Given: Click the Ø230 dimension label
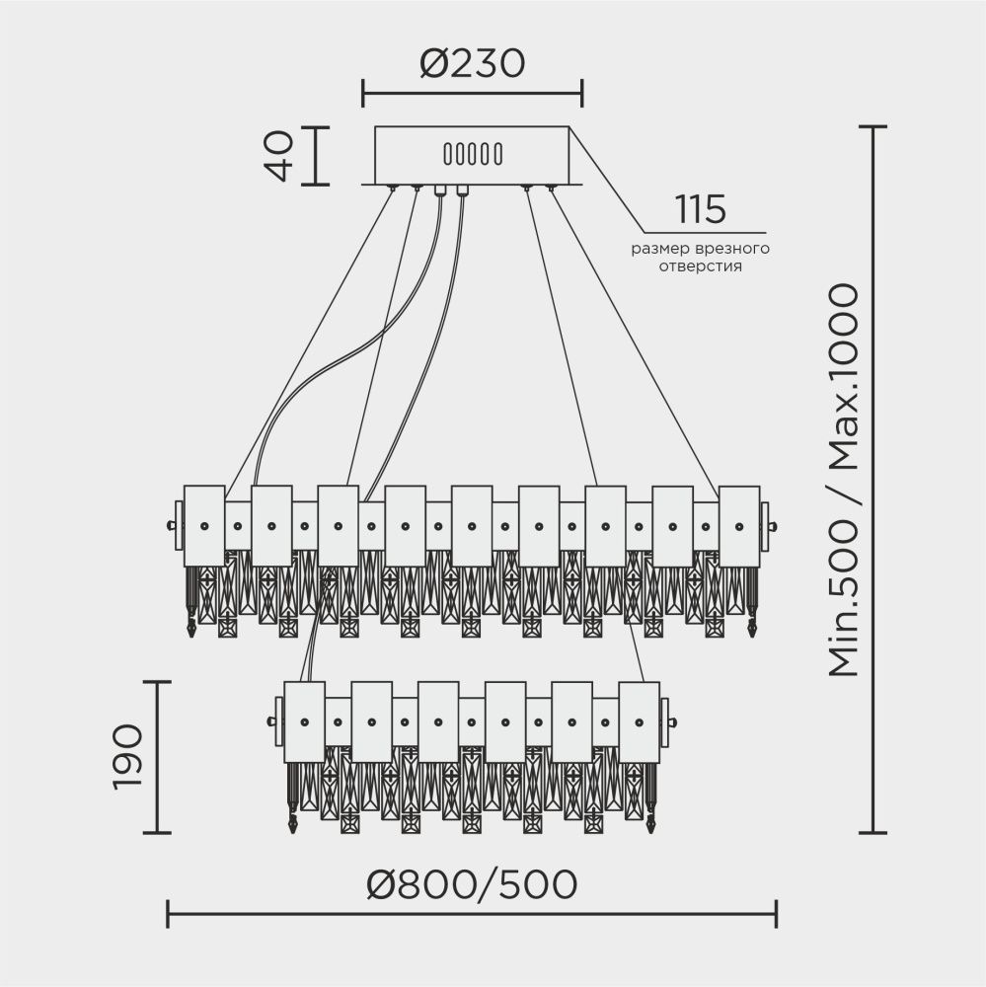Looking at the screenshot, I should pyautogui.click(x=471, y=64).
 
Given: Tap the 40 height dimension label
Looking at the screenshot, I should pyautogui.click(x=280, y=156).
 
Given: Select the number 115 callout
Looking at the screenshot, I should pyautogui.click(x=701, y=209).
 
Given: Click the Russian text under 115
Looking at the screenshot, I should pyautogui.click(x=701, y=258).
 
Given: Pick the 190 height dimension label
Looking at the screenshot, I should pyautogui.click(x=127, y=757).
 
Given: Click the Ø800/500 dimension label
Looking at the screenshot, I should pyautogui.click(x=471, y=885).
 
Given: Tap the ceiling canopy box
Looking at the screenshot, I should pyautogui.click(x=472, y=155).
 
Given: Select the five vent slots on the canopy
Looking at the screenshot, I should pyautogui.click(x=473, y=155).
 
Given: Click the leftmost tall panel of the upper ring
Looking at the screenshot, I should pyautogui.click(x=204, y=525).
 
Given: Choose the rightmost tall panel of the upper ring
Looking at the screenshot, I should pyautogui.click(x=739, y=525).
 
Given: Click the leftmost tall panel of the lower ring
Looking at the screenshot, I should pyautogui.click(x=304, y=721).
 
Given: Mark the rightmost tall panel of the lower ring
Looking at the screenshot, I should pyautogui.click(x=639, y=721).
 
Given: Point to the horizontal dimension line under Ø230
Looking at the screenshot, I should pyautogui.click(x=472, y=95).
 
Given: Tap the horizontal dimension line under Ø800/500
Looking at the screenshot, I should pyautogui.click(x=472, y=914).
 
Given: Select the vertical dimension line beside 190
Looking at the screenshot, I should pyautogui.click(x=158, y=757).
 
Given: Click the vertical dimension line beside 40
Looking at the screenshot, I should pyautogui.click(x=315, y=156).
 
